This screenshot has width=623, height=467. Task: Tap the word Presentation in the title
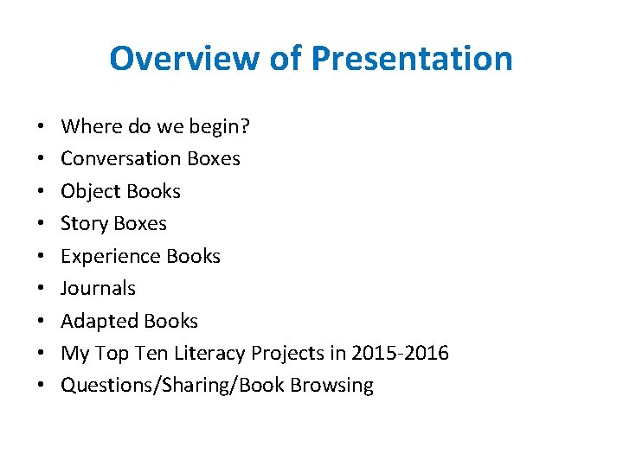(x=411, y=59)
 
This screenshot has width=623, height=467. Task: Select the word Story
(x=82, y=224)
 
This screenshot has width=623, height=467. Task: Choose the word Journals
(x=98, y=288)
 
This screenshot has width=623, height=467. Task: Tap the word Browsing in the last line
(x=333, y=386)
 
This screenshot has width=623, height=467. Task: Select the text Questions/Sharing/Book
(x=174, y=386)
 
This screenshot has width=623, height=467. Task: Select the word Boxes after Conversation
(x=213, y=158)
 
